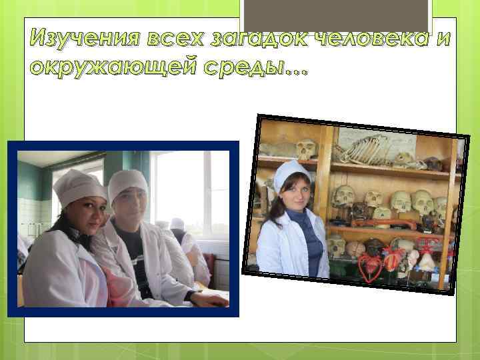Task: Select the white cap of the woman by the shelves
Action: coord(291,173)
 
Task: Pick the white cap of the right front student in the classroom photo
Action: coord(128,182)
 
